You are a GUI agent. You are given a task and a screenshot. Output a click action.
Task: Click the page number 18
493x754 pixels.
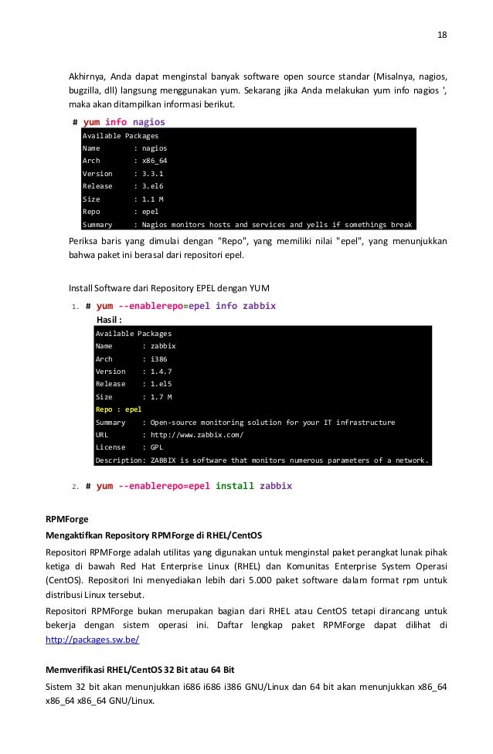[442, 35]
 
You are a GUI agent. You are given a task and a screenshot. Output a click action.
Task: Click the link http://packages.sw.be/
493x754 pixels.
[93, 640]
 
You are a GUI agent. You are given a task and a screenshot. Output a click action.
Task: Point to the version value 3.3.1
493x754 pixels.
[151, 174]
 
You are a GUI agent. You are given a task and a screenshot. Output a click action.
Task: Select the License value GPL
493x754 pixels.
[156, 447]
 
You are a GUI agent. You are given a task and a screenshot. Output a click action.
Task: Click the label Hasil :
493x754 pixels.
[110, 319]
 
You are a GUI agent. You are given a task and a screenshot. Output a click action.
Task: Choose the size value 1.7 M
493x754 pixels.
[161, 396]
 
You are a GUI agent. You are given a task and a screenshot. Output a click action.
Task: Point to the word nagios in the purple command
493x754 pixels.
[148, 122]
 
